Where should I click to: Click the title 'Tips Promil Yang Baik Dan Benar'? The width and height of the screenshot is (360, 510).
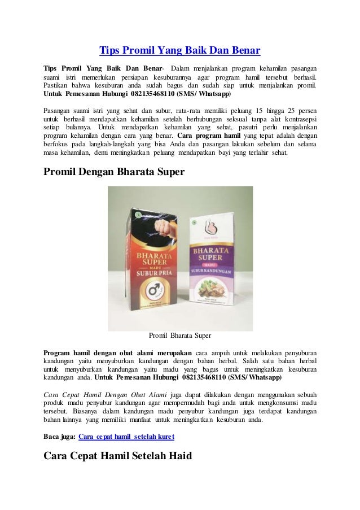coord(179,51)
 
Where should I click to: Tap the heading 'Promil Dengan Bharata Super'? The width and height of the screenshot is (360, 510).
coord(115,173)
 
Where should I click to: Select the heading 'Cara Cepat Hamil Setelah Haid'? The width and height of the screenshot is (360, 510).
coord(117,456)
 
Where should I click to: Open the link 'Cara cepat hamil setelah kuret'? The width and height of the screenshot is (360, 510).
coord(126,437)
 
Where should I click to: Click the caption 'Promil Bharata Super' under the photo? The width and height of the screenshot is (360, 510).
coord(179,335)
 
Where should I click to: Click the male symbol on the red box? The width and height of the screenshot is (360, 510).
coord(151,291)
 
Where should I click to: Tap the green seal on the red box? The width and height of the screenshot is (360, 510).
coord(134,214)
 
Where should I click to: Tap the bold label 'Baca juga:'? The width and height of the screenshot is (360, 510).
coord(59,437)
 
